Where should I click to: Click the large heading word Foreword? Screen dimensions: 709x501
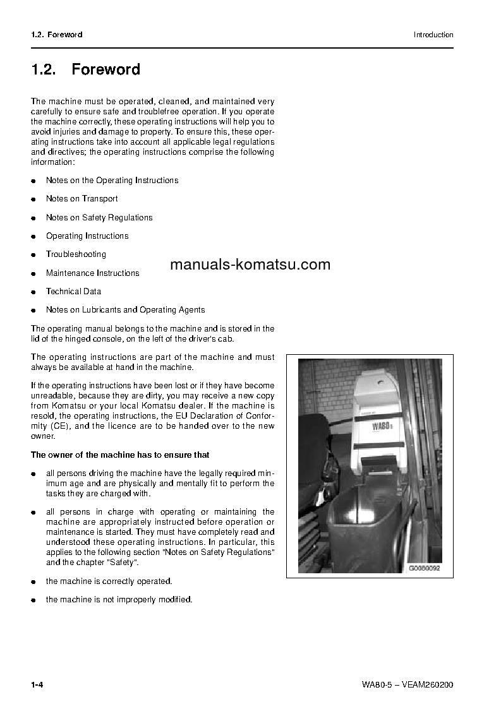click(106, 69)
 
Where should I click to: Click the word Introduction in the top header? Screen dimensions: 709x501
click(433, 35)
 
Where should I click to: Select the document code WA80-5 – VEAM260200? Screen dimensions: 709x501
click(407, 685)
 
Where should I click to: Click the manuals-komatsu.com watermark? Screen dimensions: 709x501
click(250, 265)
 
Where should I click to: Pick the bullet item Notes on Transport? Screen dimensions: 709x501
click(81, 199)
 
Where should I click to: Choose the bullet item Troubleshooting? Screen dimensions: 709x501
click(76, 254)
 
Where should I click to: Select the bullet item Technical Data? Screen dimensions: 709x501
click(73, 292)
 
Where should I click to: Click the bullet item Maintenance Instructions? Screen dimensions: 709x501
click(92, 273)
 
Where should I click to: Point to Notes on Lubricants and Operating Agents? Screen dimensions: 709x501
click(125, 310)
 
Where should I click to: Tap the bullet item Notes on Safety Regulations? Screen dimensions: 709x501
click(99, 218)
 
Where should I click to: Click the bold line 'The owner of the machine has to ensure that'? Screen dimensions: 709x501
click(120, 455)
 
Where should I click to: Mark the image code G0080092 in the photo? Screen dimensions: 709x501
click(423, 568)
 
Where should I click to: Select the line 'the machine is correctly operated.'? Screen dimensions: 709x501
click(109, 581)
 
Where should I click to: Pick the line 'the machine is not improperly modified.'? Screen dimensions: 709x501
click(119, 600)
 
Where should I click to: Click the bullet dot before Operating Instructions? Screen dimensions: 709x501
click(33, 237)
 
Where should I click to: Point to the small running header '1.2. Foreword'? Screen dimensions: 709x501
click(57, 35)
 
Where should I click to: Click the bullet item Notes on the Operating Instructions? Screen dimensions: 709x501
click(112, 181)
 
